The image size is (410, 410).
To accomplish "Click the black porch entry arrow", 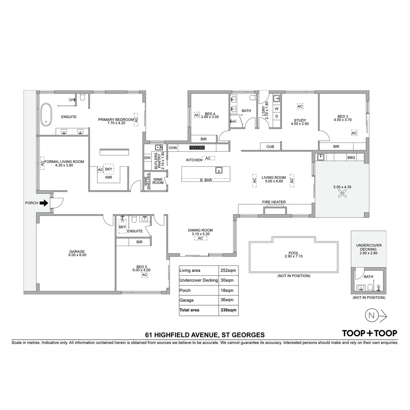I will tap(44, 203).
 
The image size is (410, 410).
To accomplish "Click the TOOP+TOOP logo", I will tap(369, 333).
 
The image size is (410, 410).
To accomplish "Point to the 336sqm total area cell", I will tap(229, 310).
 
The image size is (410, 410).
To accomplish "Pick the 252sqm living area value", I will tap(229, 271).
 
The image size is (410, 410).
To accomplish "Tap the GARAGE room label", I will tap(77, 251).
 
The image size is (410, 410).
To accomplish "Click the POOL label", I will tap(293, 253).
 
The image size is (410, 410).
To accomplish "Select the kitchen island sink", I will tap(219, 170).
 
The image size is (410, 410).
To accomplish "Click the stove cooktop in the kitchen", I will tap(197, 148).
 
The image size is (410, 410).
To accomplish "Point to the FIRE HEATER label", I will tap(274, 202).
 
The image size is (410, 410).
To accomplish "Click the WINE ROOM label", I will tap(158, 181).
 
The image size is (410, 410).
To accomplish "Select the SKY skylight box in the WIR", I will tap(109, 169).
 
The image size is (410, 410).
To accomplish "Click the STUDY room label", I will tap(300, 121).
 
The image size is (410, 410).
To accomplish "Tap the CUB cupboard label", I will tap(270, 147).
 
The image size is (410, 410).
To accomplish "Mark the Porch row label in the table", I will tap(185, 290).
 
